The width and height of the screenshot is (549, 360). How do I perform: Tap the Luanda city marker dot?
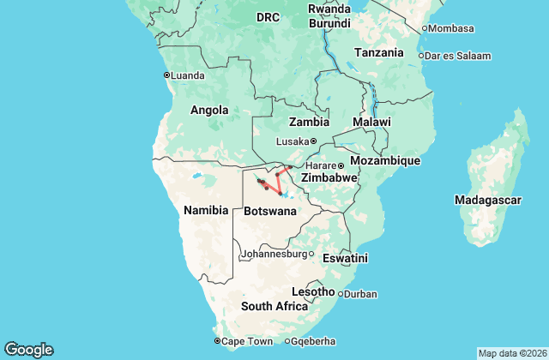[167, 75]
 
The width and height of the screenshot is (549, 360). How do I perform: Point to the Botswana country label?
[271, 210]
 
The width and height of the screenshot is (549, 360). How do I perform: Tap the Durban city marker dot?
[341, 294]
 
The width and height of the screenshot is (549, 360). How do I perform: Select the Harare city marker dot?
[341, 165]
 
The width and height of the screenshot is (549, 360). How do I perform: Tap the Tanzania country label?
[378, 52]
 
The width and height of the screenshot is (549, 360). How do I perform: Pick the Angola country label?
[209, 110]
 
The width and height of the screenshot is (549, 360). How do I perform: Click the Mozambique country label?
[389, 160]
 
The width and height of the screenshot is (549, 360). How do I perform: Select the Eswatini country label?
[345, 258]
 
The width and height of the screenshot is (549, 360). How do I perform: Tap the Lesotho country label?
[313, 291]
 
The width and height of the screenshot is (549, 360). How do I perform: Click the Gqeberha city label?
[317, 341]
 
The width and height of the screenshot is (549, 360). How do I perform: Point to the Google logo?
[29, 350]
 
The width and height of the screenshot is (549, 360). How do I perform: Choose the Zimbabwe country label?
[329, 177]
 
